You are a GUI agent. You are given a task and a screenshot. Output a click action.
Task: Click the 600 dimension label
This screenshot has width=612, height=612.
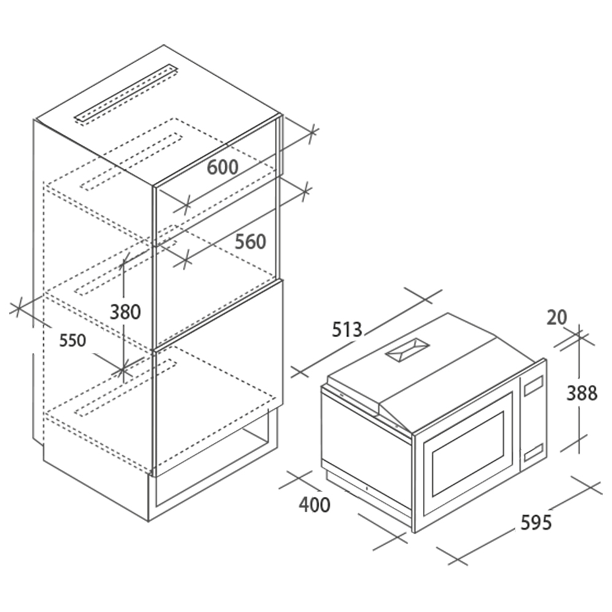point(222,167)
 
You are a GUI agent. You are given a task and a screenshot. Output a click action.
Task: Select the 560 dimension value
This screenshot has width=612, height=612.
point(250,242)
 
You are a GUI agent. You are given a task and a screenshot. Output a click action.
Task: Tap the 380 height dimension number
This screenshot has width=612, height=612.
point(125,312)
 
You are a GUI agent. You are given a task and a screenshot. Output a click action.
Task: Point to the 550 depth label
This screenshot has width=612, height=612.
point(73,340)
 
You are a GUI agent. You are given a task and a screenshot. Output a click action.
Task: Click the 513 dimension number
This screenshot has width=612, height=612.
point(347,330)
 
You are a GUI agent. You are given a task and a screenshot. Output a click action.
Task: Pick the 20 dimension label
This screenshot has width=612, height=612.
point(556,318)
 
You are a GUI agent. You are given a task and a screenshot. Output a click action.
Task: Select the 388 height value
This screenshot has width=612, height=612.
point(581,393)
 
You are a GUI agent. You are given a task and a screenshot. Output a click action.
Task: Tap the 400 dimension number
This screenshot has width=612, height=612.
point(315,505)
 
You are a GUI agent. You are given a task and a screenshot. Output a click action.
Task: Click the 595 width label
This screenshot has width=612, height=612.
point(536,522)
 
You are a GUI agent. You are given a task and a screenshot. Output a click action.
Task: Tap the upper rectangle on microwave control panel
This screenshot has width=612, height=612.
point(534,386)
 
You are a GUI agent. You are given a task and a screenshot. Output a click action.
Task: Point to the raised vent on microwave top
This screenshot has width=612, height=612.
point(407,351)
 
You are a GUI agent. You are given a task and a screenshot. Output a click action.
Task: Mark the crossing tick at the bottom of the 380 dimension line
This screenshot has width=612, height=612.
point(123,369)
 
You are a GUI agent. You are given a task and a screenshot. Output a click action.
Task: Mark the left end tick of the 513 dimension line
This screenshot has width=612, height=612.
point(299,372)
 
